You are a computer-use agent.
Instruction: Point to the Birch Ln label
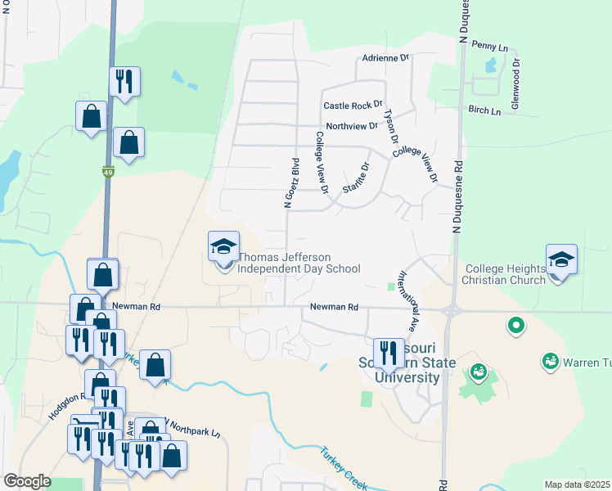(484, 110)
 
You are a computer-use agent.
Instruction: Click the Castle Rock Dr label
(353, 106)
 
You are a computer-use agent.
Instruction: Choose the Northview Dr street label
(352, 126)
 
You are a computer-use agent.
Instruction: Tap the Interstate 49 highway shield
(108, 172)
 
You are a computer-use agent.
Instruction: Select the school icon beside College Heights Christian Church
(561, 259)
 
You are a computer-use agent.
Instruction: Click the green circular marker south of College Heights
(516, 327)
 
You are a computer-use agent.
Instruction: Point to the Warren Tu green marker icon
(550, 360)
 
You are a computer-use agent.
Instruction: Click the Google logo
(27, 481)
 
